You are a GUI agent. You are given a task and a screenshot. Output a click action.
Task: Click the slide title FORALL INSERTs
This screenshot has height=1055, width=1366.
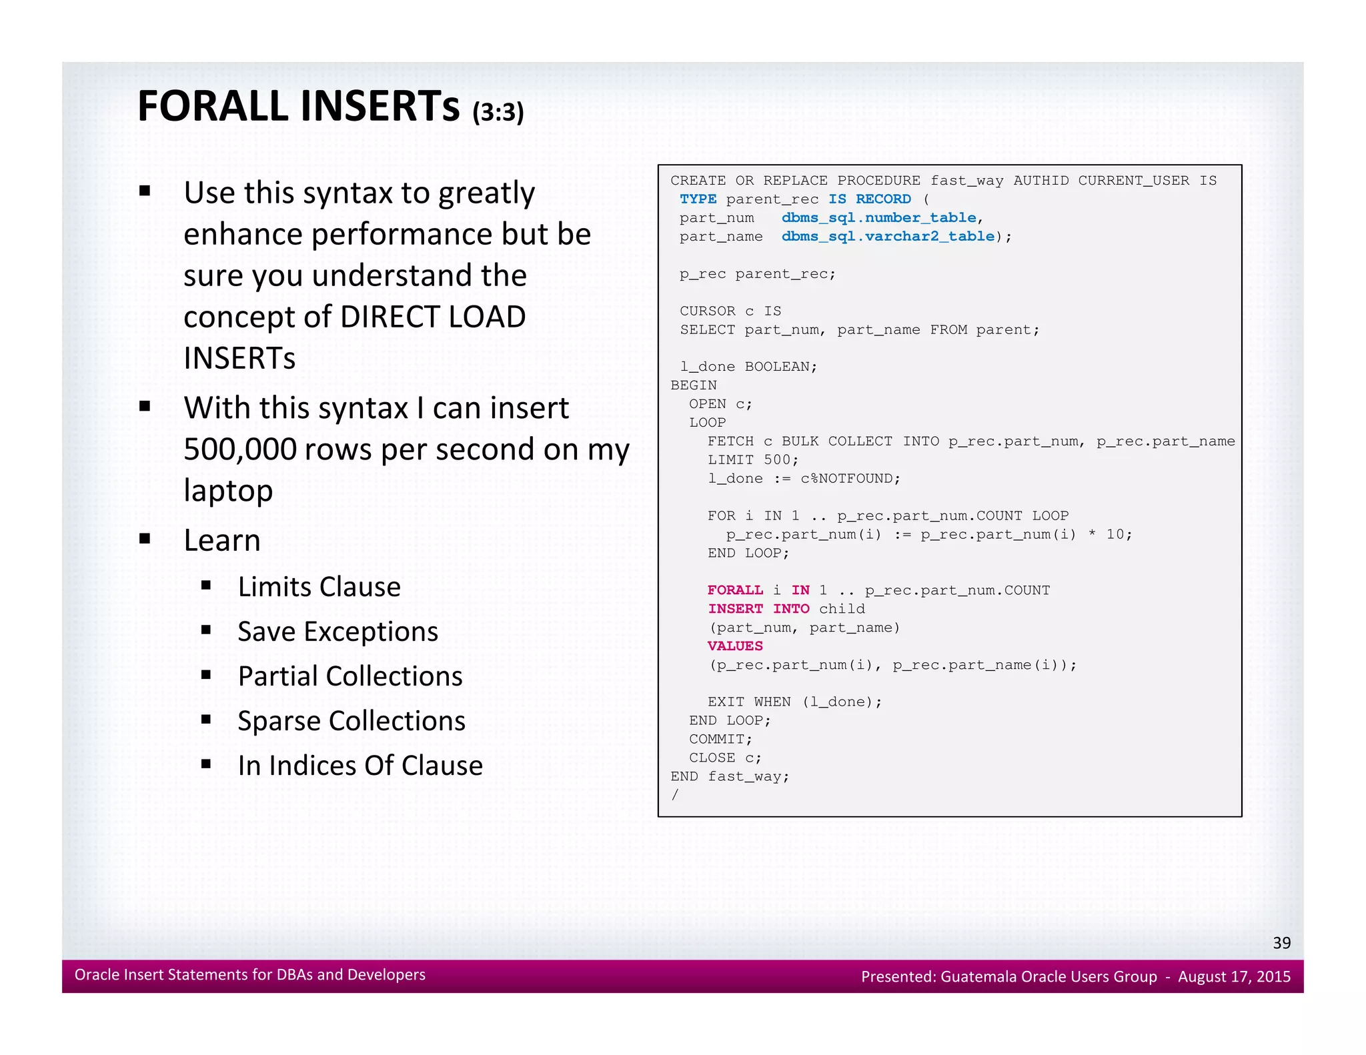point(298,106)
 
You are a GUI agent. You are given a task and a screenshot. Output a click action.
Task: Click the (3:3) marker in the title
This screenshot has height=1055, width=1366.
point(498,112)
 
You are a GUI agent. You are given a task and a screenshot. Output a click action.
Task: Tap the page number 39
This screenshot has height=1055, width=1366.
point(1281,942)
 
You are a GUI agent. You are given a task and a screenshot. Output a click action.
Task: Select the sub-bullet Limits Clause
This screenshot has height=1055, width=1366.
point(319,587)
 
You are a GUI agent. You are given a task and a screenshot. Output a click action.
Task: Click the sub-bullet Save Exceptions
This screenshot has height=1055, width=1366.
point(337,632)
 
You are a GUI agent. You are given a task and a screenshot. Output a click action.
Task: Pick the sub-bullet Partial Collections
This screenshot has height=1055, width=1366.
point(350,676)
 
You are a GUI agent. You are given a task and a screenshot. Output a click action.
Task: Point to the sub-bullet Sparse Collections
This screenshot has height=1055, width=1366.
point(351,721)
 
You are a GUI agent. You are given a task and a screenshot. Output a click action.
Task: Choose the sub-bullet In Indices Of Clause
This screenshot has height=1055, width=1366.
point(360,766)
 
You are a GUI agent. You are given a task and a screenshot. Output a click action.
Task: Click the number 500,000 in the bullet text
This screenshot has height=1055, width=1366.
point(239,449)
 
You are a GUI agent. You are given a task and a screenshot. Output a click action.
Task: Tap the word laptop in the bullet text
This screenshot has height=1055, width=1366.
point(228,491)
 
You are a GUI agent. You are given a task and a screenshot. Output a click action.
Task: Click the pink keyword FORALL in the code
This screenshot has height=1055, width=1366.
point(735,590)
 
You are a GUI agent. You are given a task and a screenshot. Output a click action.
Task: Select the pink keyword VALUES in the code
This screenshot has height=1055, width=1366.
point(735,646)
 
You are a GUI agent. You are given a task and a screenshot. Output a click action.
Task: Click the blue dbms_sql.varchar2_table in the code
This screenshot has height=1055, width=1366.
point(888,237)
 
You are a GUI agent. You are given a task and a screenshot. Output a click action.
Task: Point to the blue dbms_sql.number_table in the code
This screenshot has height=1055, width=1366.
point(878,218)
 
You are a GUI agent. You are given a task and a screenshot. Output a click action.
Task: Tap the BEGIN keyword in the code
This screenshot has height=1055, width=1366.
point(694,385)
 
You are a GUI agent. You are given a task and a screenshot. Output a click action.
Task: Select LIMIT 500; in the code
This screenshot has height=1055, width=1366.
point(752,460)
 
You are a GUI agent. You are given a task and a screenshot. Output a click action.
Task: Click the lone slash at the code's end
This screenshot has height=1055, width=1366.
point(675,795)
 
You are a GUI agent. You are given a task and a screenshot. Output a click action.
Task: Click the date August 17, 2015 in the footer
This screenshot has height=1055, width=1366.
point(1234,976)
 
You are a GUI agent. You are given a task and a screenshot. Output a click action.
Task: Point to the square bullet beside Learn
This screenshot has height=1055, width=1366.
point(145,539)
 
